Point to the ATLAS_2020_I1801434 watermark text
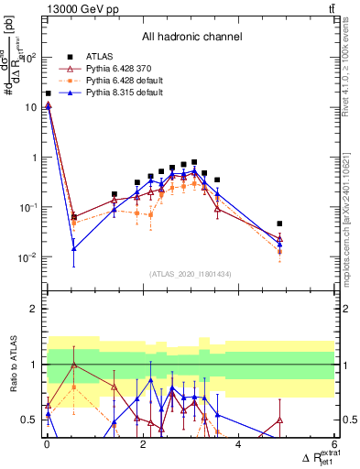(x=191, y=275)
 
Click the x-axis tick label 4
(x=238, y=444)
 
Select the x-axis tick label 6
(x=333, y=444)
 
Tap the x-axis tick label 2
(x=142, y=444)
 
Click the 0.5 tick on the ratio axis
(x=31, y=420)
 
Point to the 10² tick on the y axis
(x=30, y=57)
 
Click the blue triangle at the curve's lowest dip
(x=74, y=248)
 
